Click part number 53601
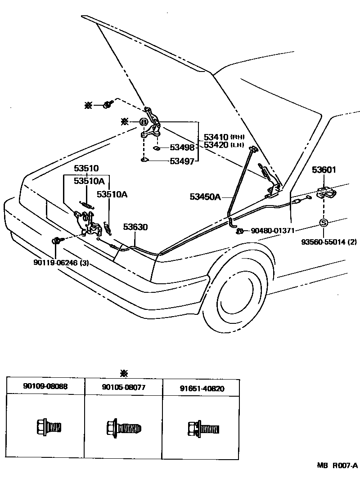(x=325, y=170)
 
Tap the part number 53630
(x=135, y=228)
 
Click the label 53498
(x=182, y=148)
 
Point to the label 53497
(x=182, y=161)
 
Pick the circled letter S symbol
(x=324, y=223)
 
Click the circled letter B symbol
(x=143, y=122)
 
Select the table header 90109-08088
(x=45, y=387)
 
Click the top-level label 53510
(x=86, y=169)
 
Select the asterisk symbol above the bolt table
(x=124, y=373)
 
